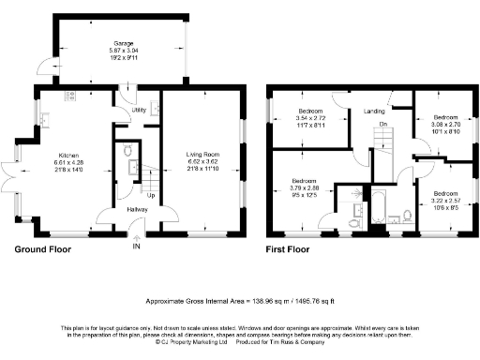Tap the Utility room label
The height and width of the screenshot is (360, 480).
coord(139,111)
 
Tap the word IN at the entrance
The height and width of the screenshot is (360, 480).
coord(136,246)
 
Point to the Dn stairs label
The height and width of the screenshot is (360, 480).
coord(382,124)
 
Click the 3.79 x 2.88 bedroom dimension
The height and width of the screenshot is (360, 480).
coord(304,187)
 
